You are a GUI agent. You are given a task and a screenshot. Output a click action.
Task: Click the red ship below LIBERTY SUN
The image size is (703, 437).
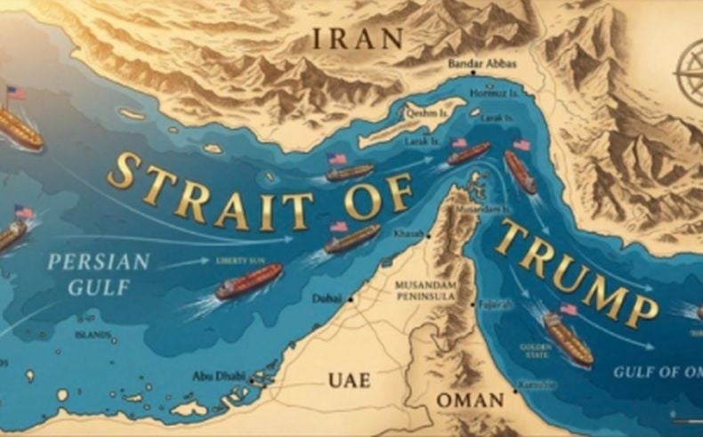pos(249,282)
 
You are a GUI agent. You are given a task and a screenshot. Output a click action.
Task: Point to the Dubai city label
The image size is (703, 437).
pos(327,299)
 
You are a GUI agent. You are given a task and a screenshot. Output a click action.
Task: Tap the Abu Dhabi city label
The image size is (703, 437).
pos(219,376)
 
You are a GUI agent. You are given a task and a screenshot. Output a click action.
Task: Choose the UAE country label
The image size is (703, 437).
pos(349,380)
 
